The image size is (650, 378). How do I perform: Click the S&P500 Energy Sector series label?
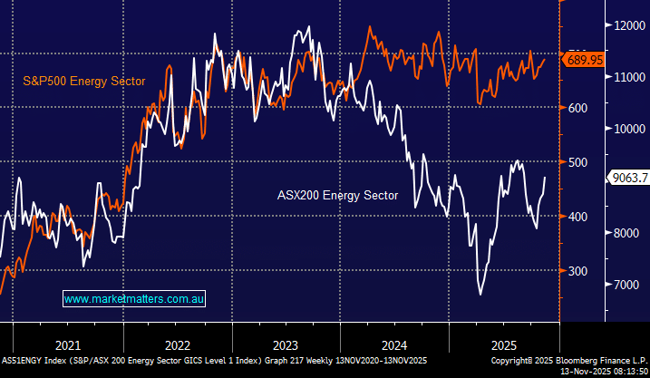(x=84, y=82)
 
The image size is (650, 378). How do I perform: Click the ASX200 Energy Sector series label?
(x=337, y=195)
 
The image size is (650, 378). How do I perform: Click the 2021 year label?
(x=67, y=344)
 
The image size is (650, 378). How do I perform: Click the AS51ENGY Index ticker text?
(x=34, y=360)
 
